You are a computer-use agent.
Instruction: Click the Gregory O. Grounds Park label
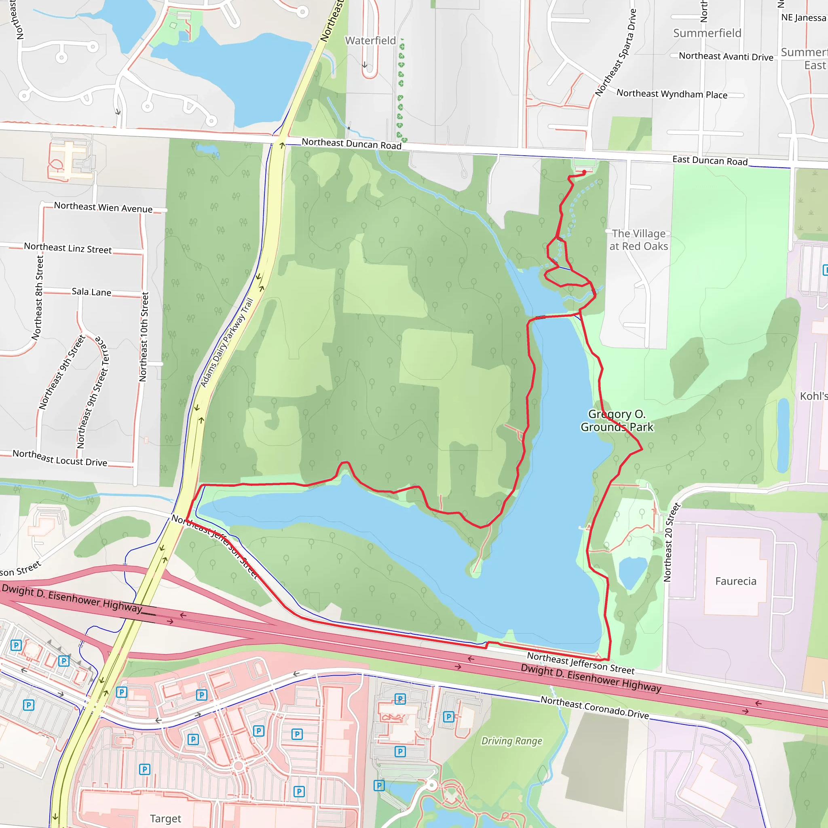pos(617,420)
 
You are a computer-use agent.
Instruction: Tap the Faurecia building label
pos(735,581)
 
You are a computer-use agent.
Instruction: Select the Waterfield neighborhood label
pos(370,41)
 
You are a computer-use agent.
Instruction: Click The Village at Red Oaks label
pos(638,240)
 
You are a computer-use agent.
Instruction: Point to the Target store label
pos(165,818)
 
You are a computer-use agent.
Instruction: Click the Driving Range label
pos(511,741)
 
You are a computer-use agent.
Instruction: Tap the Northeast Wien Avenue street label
pos(103,207)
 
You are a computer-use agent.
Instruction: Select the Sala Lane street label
pos(91,292)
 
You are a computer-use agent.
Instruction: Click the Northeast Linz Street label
pos(68,248)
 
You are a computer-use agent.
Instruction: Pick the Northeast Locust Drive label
pos(59,458)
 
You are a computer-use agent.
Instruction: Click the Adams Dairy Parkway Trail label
pos(227,342)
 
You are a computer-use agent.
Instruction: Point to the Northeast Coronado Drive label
pos(594,707)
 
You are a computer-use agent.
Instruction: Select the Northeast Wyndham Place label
pos(672,94)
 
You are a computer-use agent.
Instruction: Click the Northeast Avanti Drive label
pos(726,56)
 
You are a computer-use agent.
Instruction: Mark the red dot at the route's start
pos(584,172)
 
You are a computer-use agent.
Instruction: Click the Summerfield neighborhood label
pos(707,33)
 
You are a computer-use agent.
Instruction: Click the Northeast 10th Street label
pos(144,337)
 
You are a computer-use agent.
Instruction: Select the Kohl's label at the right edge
pos(813,396)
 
